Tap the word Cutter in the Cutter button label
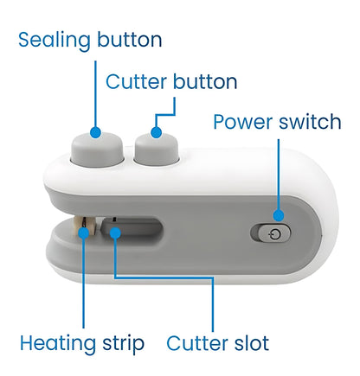coord(134,82)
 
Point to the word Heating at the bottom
coord(57,343)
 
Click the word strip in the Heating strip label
coord(124,343)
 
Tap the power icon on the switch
coord(275,233)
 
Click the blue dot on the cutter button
coord(156,132)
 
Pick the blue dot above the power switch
coord(279,215)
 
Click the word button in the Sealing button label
coord(129,41)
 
